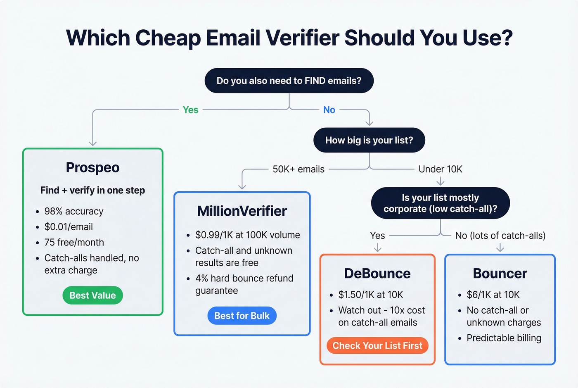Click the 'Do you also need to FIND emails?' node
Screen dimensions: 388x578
(x=289, y=81)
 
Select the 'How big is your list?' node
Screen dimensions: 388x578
(x=369, y=140)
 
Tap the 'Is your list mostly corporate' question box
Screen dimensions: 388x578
(x=440, y=203)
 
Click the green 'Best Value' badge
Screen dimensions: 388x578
(x=92, y=295)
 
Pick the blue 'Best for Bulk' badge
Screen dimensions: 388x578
(x=242, y=316)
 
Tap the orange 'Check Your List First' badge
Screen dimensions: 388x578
(x=377, y=345)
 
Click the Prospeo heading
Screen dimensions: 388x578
(x=92, y=167)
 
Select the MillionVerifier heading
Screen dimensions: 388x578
(x=242, y=211)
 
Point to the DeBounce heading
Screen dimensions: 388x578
(x=377, y=273)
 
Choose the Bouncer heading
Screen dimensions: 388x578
(x=500, y=273)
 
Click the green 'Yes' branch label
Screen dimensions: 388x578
(x=190, y=110)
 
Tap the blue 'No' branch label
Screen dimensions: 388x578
(x=329, y=110)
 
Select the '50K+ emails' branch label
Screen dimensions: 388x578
(x=298, y=169)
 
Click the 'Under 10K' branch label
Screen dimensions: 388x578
(x=440, y=169)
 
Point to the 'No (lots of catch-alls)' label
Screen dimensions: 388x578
(x=500, y=236)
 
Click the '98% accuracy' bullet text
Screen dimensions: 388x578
(x=74, y=211)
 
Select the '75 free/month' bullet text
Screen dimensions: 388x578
(x=74, y=243)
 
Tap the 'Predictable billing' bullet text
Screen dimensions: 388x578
(x=504, y=338)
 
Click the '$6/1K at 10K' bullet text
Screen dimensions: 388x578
(x=493, y=295)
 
